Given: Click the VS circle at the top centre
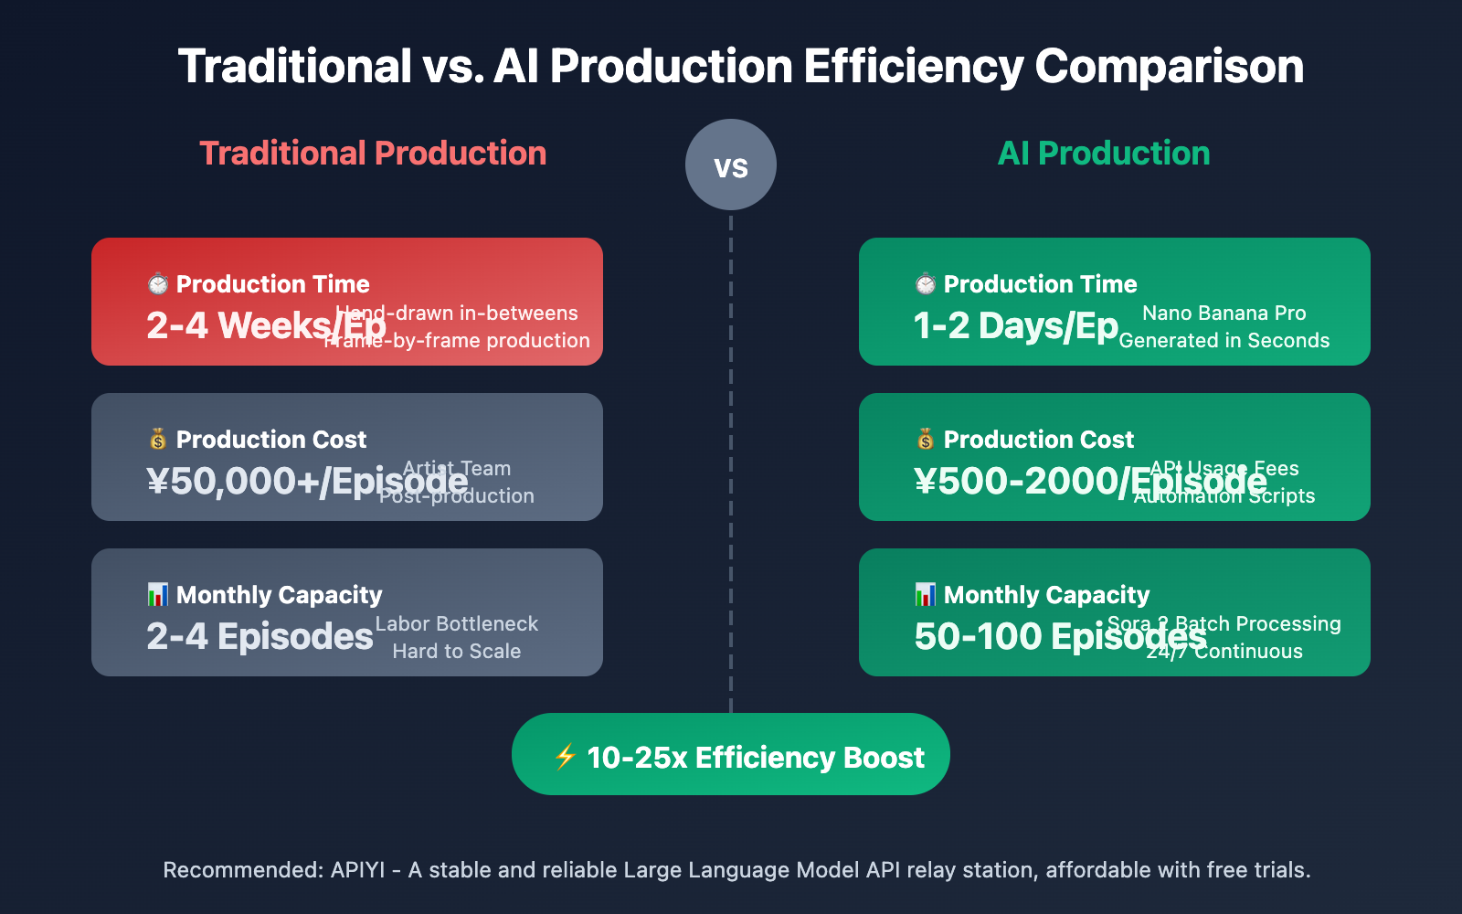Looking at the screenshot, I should click(731, 165).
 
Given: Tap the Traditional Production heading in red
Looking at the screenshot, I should click(373, 154).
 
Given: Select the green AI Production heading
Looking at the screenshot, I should click(1104, 154).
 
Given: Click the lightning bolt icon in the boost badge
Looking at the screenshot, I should click(566, 757).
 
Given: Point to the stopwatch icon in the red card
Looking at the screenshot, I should click(158, 284).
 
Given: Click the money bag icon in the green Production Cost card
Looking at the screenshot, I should click(926, 440).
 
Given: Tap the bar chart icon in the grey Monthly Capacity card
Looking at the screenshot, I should click(158, 595).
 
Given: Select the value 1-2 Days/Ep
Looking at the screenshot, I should click(1016, 326).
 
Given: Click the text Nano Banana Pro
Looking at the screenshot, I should click(1224, 313).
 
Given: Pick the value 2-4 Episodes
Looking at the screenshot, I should click(260, 637).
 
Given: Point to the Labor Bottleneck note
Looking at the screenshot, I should click(457, 623).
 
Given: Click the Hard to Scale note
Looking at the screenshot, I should click(457, 651).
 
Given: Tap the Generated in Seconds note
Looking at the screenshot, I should click(1224, 340).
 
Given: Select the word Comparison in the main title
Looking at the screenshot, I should click(1169, 67).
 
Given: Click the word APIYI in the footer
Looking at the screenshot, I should click(357, 869).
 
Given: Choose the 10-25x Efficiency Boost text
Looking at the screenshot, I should click(756, 758).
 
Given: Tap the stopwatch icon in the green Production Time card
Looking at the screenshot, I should click(926, 284).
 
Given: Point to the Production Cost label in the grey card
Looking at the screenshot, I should click(270, 440).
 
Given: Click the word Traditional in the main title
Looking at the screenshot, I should click(294, 67).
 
